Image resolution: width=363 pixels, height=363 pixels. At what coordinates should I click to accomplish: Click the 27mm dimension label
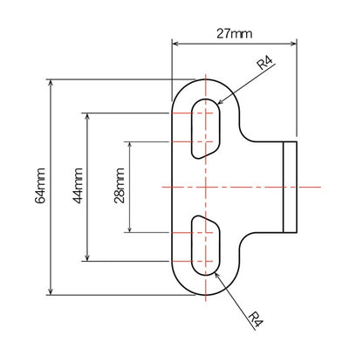(x=235, y=34)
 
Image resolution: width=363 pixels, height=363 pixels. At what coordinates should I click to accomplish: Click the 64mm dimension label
(x=40, y=187)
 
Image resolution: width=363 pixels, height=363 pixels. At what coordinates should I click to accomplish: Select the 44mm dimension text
(x=78, y=187)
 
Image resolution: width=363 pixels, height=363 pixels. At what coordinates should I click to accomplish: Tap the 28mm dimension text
(x=120, y=187)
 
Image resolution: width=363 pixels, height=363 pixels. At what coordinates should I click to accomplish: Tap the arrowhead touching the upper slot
(x=222, y=106)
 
